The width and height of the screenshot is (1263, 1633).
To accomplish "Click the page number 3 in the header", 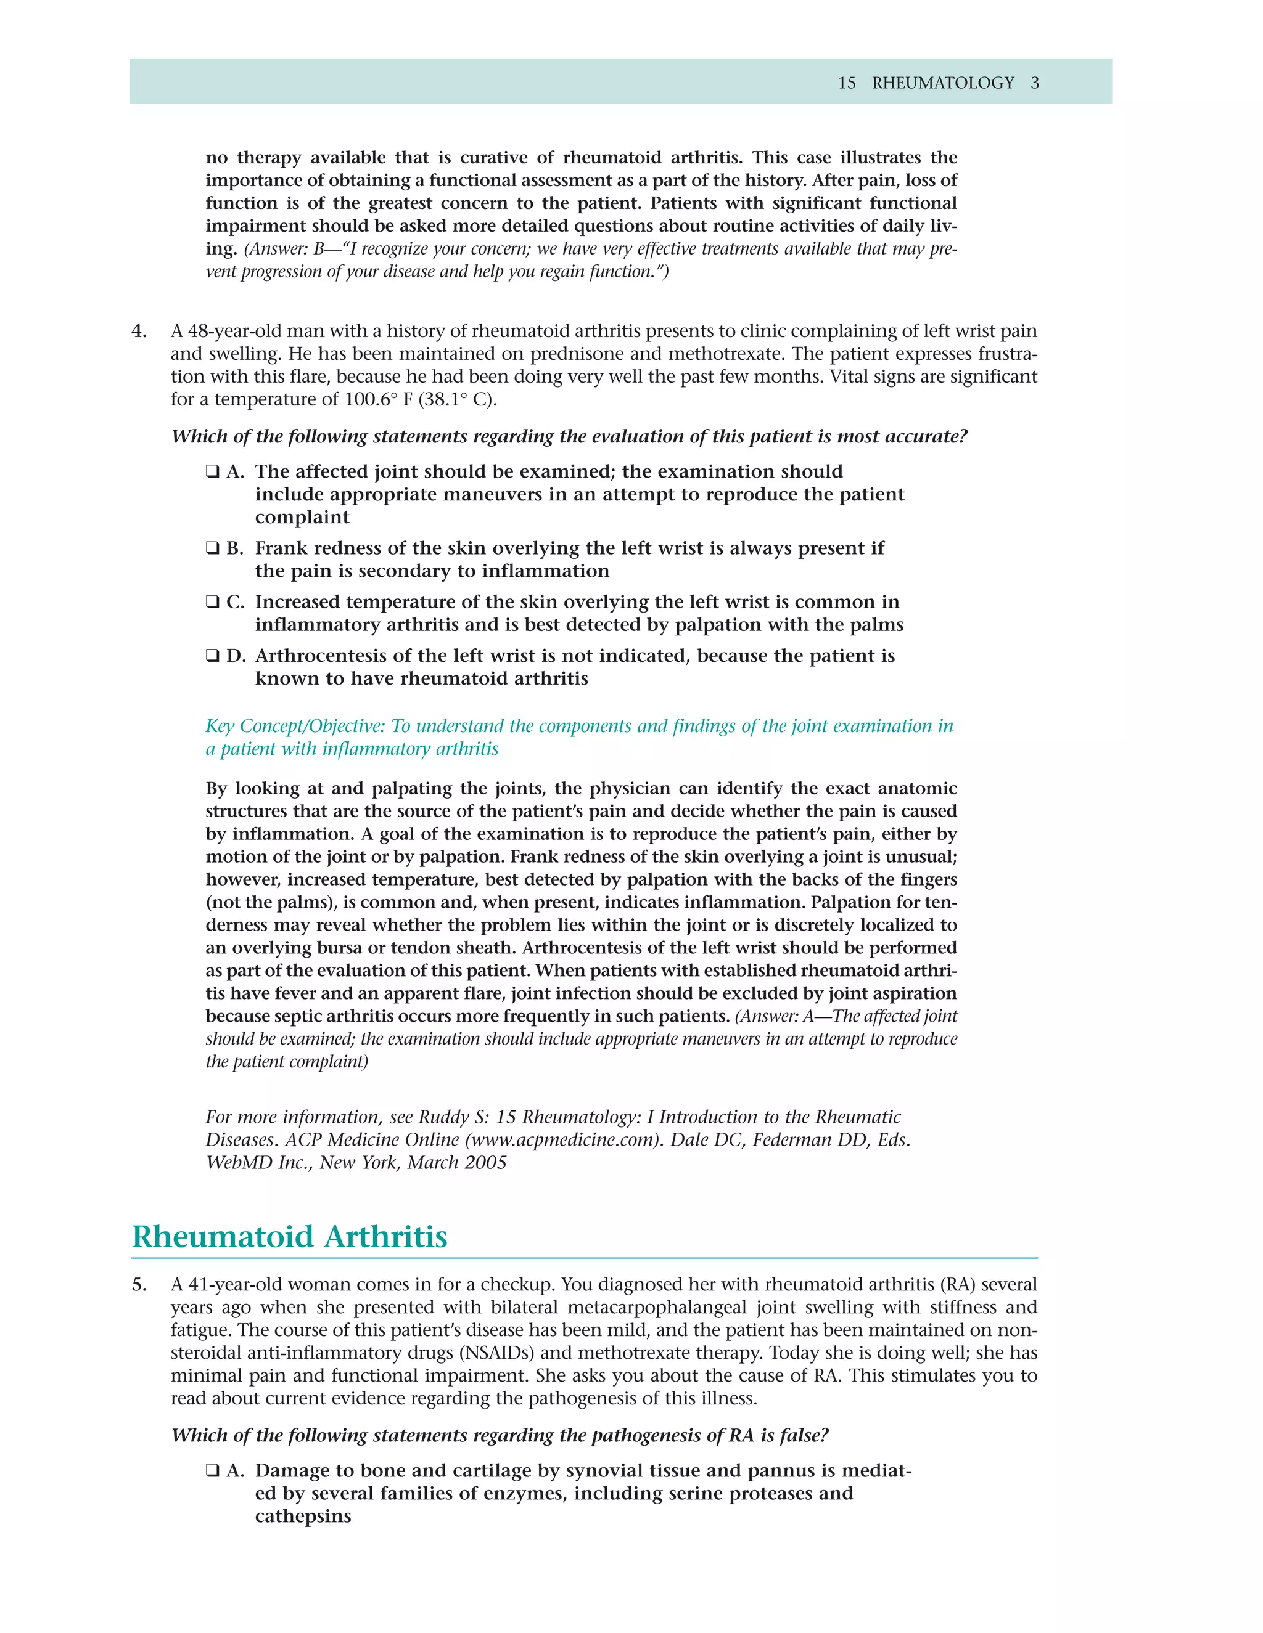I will [x=1035, y=83].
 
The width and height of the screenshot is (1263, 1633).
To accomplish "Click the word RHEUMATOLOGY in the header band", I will [x=943, y=83].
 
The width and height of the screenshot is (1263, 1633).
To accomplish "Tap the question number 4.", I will [x=139, y=332].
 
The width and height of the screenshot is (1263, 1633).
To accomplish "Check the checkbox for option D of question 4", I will [x=213, y=656].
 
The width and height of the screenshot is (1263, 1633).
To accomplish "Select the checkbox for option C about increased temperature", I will [x=213, y=602].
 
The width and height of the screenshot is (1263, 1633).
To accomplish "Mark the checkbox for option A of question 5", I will [x=213, y=1471].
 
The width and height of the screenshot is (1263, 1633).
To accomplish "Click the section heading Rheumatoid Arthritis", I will [x=290, y=1237].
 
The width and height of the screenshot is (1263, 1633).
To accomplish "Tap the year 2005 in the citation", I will [x=485, y=1163].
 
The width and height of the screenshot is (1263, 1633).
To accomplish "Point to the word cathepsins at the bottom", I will [x=303, y=1517].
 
